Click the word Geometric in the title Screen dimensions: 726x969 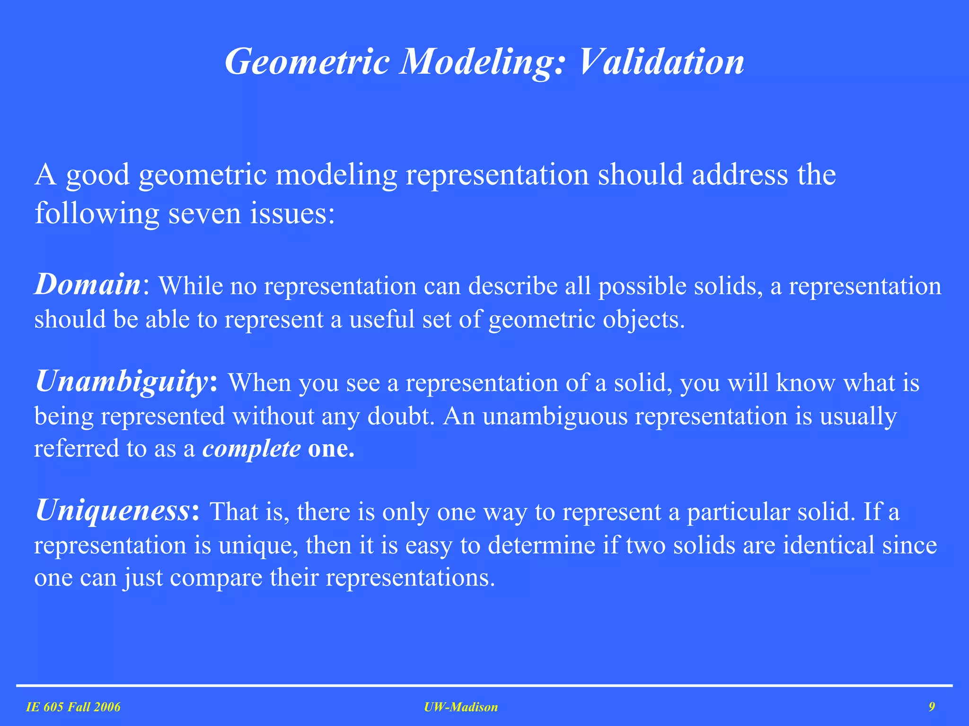tap(307, 61)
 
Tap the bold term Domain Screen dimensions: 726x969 tap(88, 284)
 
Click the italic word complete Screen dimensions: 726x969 tap(251, 448)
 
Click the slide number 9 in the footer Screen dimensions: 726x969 tap(931, 707)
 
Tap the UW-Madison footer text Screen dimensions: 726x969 tap(461, 707)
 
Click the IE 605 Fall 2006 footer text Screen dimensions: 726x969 tap(73, 707)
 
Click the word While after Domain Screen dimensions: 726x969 tap(190, 285)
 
